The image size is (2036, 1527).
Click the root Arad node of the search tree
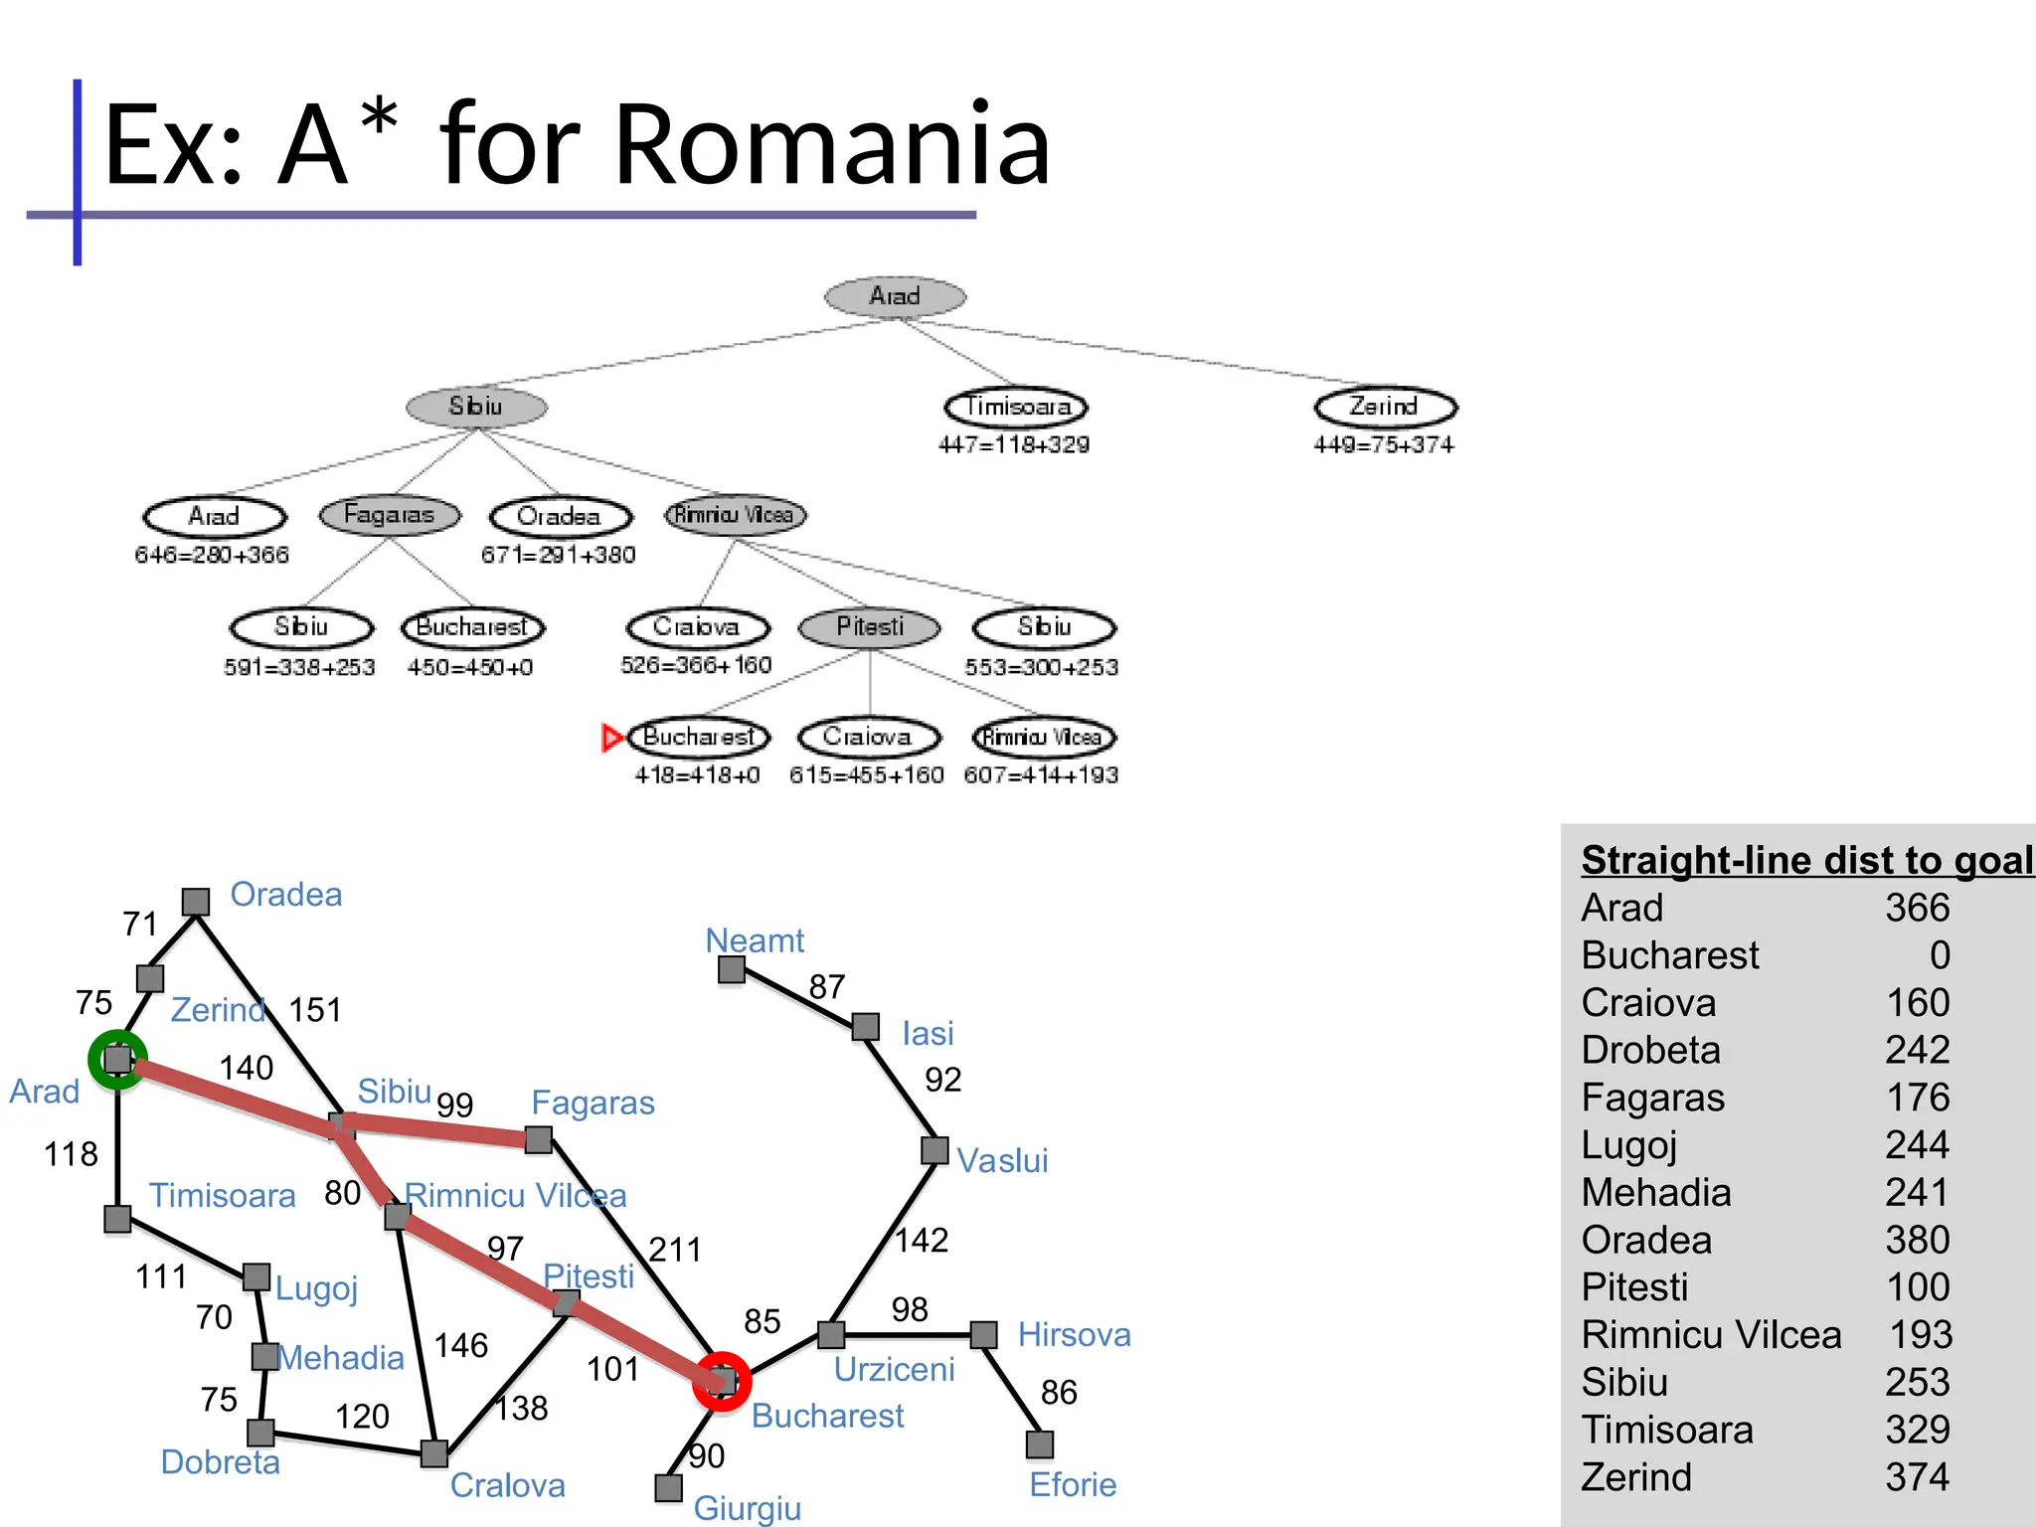pyautogui.click(x=895, y=296)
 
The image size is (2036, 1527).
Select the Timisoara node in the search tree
pyautogui.click(x=1016, y=407)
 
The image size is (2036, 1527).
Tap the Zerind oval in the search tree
pyautogui.click(x=1385, y=407)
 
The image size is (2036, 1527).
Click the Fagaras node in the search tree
pyautogui.click(x=390, y=515)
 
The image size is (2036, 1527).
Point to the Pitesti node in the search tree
pyautogui.click(x=870, y=626)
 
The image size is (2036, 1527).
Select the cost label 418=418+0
pyautogui.click(x=697, y=775)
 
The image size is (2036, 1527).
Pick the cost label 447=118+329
pyautogui.click(x=1013, y=444)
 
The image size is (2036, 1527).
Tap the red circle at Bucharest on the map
pyautogui.click(x=722, y=1381)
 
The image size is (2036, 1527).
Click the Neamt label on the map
pyautogui.click(x=755, y=940)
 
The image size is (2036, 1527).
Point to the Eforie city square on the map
pyautogui.click(x=1039, y=1444)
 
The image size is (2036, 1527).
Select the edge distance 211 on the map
pyautogui.click(x=675, y=1250)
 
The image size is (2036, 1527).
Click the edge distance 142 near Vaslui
pyautogui.click(x=922, y=1241)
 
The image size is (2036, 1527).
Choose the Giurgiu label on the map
pyautogui.click(x=747, y=1508)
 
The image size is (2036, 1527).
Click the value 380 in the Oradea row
pyautogui.click(x=1917, y=1240)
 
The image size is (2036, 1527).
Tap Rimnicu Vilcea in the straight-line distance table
pyautogui.click(x=1711, y=1335)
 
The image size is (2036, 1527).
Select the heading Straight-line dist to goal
pyautogui.click(x=1806, y=861)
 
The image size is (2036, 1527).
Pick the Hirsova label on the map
pyautogui.click(x=1074, y=1334)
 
